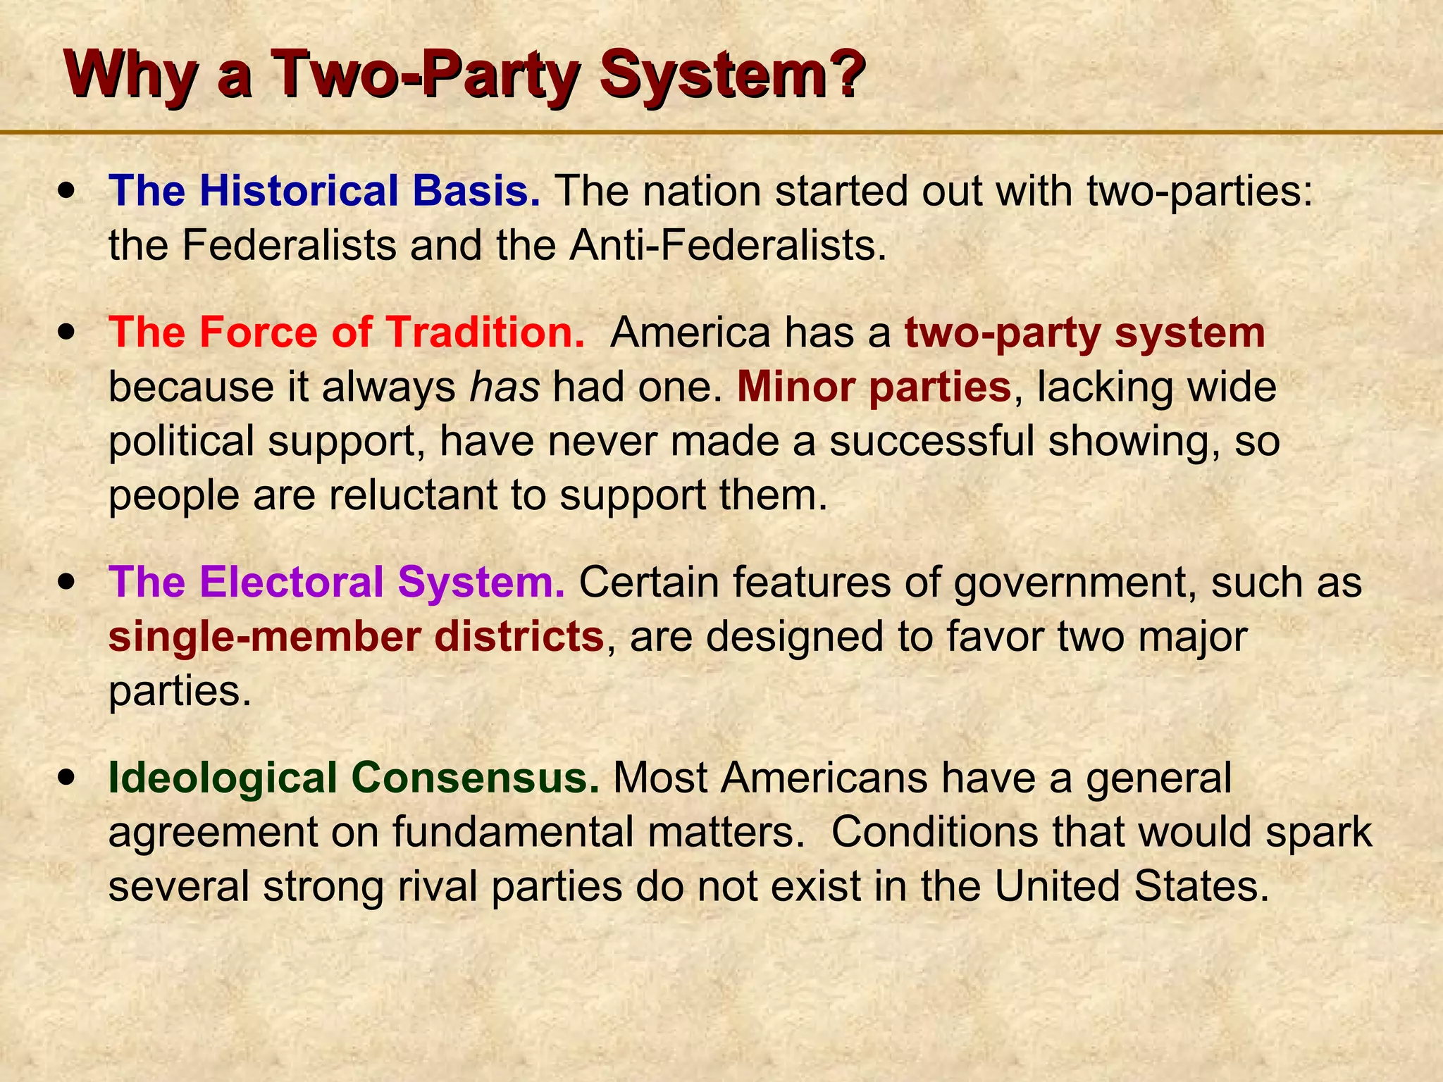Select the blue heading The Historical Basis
click(x=324, y=191)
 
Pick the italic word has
click(x=504, y=387)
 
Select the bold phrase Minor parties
click(x=874, y=387)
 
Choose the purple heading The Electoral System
click(x=337, y=582)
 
